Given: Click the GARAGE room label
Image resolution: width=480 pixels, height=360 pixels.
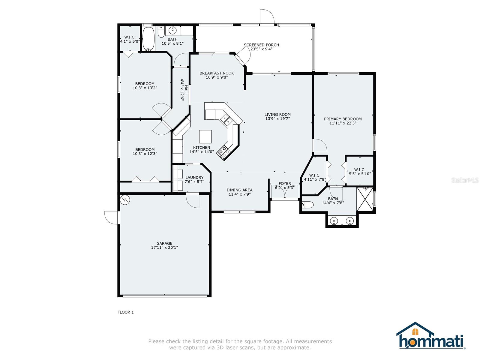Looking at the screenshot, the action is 164,243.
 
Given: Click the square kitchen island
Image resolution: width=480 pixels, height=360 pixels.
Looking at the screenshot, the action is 205,136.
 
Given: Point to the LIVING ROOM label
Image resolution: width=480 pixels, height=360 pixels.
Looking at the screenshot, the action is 277,114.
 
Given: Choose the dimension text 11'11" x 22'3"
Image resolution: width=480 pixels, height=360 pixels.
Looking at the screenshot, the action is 343,123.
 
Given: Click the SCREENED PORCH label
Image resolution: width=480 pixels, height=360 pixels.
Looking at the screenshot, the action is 261,45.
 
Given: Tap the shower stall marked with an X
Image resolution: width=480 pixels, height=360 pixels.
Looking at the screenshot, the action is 365,199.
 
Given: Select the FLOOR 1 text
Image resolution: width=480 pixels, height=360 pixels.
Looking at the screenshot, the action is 125,312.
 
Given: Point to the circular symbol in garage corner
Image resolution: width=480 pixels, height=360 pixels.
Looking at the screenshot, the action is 125,199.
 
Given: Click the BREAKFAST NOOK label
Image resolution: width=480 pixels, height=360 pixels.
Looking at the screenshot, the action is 217,73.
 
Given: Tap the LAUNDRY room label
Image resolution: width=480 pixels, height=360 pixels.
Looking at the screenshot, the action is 194,178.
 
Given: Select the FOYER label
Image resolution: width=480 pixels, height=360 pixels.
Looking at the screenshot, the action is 285,184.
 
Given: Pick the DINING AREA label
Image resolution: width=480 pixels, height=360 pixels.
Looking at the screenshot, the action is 239,190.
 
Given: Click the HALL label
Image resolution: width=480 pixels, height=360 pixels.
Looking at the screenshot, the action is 186,90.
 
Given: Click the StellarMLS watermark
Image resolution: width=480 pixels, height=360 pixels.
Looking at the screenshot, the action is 465,180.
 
